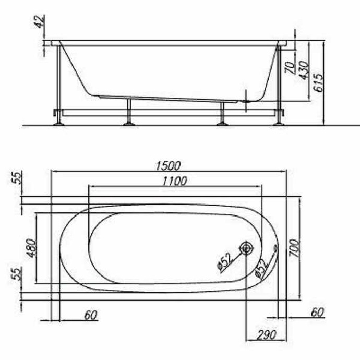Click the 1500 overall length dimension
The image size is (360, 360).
pyautogui.click(x=167, y=165)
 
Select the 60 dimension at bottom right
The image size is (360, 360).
pyautogui.click(x=317, y=312)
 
